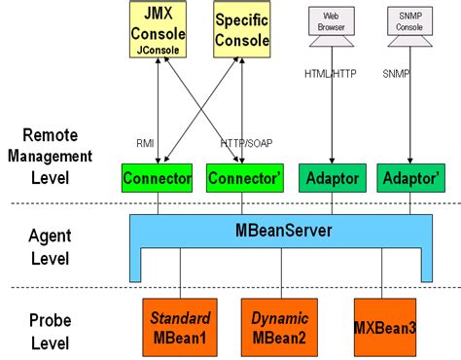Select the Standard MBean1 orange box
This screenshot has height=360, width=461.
point(179,325)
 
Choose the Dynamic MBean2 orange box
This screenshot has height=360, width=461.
point(280,325)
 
